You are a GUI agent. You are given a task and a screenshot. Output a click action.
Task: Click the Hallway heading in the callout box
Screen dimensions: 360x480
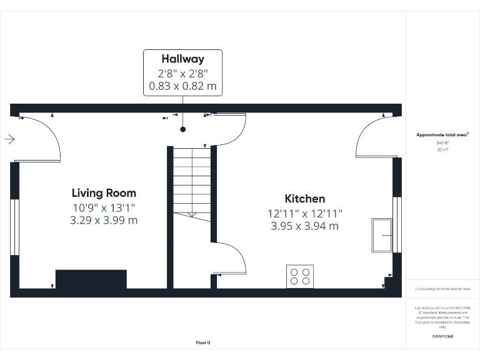182,59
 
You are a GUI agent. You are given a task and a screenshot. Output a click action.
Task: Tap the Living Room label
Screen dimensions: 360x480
104,193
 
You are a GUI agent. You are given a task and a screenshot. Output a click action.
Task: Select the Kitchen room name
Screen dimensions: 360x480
304,199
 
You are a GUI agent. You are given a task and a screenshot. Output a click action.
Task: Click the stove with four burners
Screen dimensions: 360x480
299,276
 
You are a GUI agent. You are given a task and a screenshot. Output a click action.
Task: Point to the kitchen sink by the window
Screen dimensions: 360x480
382,235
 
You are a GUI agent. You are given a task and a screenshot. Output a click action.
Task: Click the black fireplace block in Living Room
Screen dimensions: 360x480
91,279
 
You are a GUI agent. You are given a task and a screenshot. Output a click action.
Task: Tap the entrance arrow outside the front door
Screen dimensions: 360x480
9,139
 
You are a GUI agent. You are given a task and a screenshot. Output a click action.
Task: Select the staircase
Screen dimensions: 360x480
192,181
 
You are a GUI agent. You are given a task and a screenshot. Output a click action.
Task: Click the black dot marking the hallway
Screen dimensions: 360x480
183,130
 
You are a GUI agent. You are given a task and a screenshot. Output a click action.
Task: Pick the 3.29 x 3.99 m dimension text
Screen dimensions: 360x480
104,220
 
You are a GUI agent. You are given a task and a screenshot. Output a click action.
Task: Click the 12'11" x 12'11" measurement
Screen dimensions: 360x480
304,213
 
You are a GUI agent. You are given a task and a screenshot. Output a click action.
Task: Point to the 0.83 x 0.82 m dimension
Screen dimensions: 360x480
182,86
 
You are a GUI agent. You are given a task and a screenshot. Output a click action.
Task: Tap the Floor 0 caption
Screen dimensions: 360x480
203,342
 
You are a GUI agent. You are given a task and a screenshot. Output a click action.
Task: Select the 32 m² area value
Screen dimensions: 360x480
443,150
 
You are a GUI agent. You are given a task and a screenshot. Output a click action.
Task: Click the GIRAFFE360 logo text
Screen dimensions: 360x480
442,337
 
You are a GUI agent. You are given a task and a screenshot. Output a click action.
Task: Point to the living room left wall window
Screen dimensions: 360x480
14,227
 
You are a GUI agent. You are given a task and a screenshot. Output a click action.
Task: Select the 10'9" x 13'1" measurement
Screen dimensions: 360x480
104,207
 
